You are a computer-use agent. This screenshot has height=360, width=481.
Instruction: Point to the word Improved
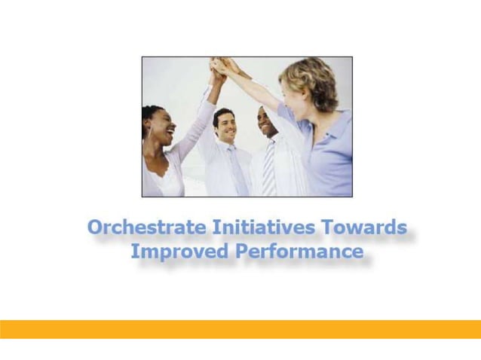click(179, 252)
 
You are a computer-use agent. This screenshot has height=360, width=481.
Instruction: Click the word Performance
click(299, 252)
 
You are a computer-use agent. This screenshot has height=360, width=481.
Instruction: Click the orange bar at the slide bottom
click(240, 329)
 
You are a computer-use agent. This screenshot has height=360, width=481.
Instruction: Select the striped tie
click(269, 169)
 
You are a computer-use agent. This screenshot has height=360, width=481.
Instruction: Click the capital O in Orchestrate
click(95, 227)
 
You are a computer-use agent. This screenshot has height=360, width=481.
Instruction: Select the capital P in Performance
click(243, 252)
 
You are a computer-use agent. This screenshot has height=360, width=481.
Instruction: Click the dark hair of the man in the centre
click(224, 114)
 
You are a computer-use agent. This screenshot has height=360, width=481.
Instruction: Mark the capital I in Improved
click(135, 252)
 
